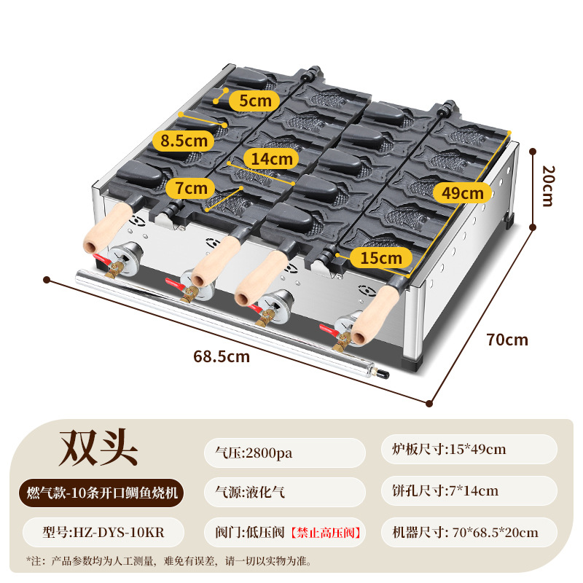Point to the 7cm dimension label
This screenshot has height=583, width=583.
189,188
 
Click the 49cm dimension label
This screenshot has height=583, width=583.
463,193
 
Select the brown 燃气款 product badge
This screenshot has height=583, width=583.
99,492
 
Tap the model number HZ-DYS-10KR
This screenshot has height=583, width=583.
99,533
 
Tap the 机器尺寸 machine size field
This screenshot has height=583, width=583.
467,533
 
